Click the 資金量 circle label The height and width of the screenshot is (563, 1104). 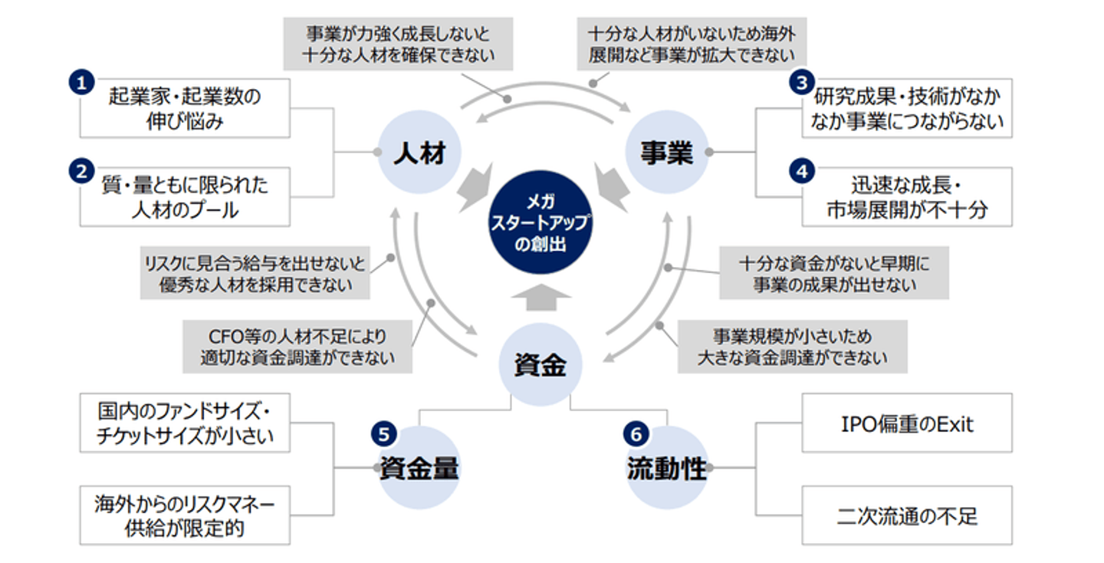[419, 468]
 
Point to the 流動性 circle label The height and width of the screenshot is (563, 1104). [666, 468]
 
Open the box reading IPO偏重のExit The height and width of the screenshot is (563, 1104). [906, 423]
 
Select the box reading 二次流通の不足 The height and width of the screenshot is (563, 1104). [906, 515]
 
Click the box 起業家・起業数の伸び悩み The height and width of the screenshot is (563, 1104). [185, 108]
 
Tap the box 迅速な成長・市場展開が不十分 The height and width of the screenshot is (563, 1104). [906, 197]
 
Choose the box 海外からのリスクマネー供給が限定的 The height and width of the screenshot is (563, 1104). [185, 515]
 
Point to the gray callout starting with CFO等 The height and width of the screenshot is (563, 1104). [297, 346]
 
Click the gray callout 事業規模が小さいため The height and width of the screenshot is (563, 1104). [792, 346]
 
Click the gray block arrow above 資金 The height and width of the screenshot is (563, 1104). [541, 297]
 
